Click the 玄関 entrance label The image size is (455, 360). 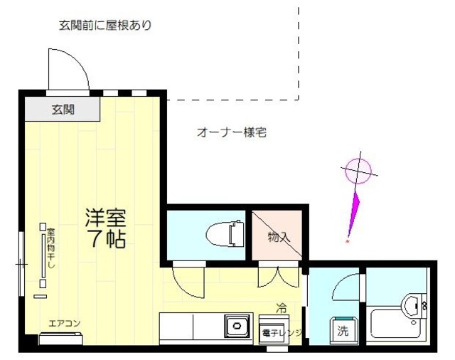pyautogui.click(x=63, y=110)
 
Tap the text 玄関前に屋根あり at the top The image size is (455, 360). pyautogui.click(x=105, y=26)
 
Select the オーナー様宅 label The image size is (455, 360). pyautogui.click(x=231, y=132)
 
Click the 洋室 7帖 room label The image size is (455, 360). pyautogui.click(x=106, y=228)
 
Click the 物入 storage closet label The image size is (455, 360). pyautogui.click(x=279, y=236)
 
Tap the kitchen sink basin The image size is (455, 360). pyautogui.click(x=235, y=327)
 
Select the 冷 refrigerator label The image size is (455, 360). pyautogui.click(x=282, y=309)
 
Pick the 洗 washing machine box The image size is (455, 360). pyautogui.click(x=343, y=330)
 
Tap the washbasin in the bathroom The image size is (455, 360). pyautogui.click(x=413, y=306)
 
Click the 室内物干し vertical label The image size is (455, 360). pyautogui.click(x=51, y=249)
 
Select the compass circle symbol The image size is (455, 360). pyautogui.click(x=358, y=171)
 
